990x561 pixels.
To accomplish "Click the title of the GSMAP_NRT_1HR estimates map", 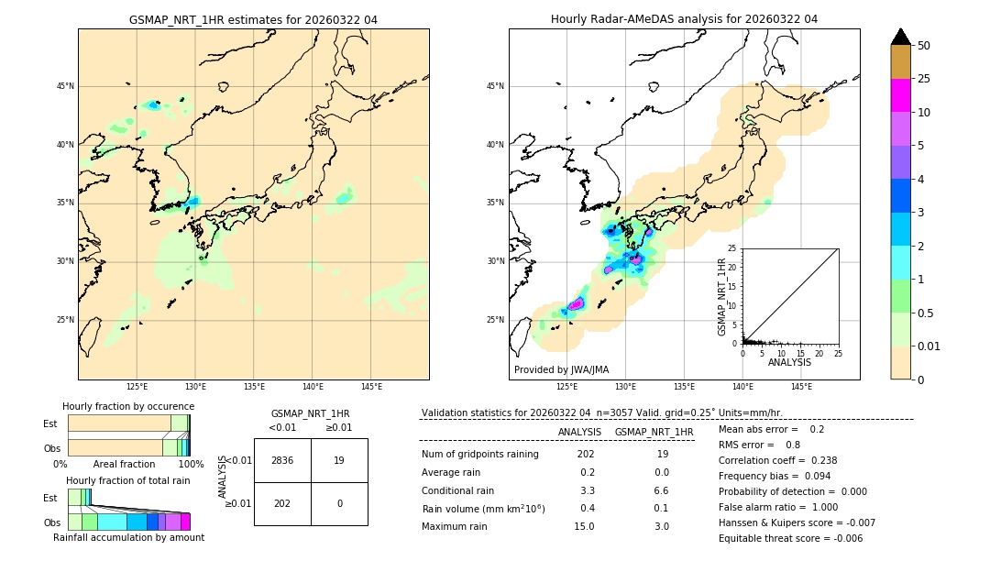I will tap(253, 19).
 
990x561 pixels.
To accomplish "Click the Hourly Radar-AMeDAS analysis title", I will tap(684, 19).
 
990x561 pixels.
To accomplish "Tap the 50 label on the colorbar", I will tap(924, 46).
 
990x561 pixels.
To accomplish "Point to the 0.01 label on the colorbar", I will tap(929, 346).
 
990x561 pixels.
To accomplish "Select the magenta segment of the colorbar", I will tap(900, 95).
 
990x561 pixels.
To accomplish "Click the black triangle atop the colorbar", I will tap(900, 37).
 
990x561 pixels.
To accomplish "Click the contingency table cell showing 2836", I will tap(282, 460).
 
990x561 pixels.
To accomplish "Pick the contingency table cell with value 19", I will tap(339, 460).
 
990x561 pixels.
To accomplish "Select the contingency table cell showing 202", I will tap(282, 503).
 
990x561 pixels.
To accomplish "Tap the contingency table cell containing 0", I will tap(339, 503).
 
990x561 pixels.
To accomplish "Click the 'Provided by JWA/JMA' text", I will tap(561, 369).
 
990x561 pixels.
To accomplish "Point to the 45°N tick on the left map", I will tap(65, 86).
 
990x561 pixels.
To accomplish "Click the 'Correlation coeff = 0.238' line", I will tap(777, 460).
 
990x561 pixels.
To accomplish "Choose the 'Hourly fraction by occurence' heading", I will tap(128, 406).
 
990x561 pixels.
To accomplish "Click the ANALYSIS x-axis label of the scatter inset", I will tap(789, 362).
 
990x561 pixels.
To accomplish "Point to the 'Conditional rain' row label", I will tap(457, 490).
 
